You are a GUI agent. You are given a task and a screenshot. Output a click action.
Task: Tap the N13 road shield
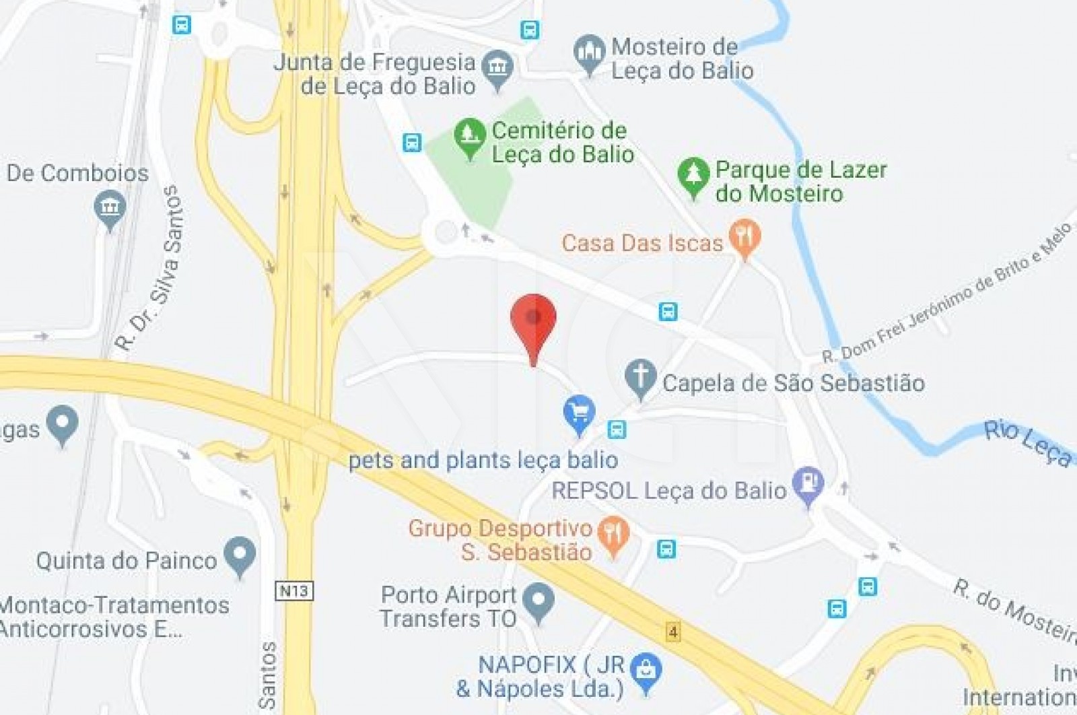[295, 591]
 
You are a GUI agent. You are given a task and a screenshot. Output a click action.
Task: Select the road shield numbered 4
[672, 632]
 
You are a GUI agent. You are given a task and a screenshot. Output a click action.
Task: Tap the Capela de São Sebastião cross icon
[640, 377]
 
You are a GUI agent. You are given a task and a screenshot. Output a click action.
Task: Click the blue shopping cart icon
[579, 413]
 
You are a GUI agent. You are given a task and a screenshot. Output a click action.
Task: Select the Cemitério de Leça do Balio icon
[469, 136]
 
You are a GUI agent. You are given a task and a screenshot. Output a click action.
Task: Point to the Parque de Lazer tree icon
[693, 176]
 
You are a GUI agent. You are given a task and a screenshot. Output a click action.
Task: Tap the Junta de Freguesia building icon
[498, 68]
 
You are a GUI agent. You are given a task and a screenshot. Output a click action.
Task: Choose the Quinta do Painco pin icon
[240, 555]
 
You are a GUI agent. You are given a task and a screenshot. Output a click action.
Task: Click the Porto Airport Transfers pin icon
[538, 601]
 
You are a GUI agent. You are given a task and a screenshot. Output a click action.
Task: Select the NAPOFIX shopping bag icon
[646, 671]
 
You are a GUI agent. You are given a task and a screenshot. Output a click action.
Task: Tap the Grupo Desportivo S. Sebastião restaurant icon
[613, 535]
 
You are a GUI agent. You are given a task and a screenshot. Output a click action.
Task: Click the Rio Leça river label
[1027, 442]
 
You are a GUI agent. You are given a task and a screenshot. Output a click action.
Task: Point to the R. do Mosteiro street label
[1014, 609]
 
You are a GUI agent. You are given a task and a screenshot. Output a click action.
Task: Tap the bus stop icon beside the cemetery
[412, 143]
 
